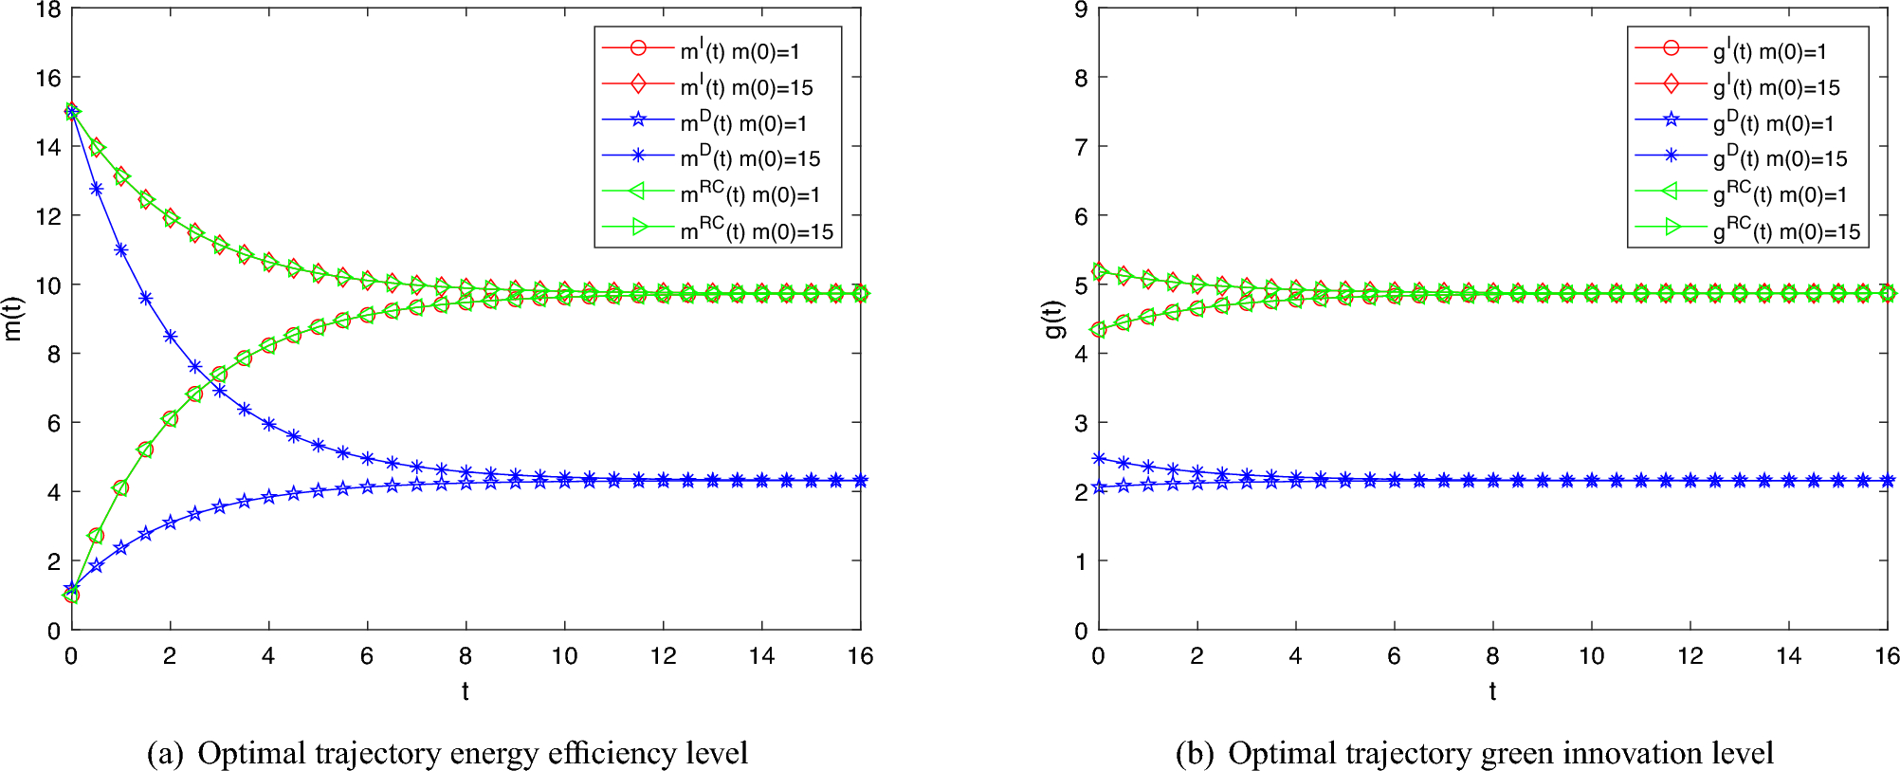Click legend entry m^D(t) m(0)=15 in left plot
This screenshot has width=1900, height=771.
point(750,158)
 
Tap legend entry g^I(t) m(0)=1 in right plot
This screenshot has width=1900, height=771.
point(1769,51)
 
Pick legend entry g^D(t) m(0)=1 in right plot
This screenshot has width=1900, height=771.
point(1773,123)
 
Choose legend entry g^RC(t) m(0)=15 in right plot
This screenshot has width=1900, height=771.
point(1786,231)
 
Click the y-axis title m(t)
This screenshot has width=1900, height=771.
point(13,319)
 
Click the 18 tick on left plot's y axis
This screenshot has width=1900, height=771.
point(47,10)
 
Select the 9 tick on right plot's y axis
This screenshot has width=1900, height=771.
point(1081,10)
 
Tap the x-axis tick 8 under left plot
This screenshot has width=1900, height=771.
point(466,656)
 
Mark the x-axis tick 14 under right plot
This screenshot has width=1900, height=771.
point(1788,656)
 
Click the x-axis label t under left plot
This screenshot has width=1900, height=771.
point(466,691)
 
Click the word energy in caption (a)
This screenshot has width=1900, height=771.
point(492,754)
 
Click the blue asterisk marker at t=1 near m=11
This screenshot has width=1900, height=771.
point(120,249)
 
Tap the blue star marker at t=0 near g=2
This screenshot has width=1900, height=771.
point(1099,487)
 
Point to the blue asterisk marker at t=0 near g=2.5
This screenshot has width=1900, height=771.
point(1099,458)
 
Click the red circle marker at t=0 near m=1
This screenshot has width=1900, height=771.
point(71,595)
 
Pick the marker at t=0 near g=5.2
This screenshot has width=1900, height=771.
point(1099,271)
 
